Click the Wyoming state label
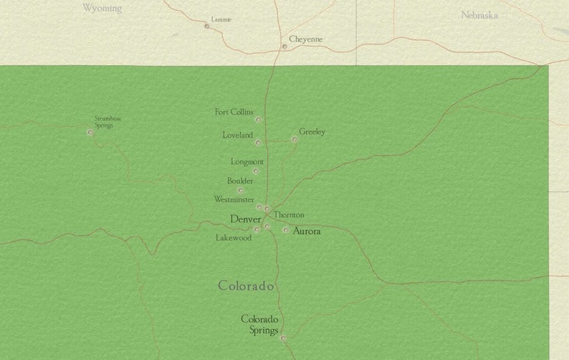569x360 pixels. click(x=102, y=8)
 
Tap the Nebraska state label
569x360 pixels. click(x=479, y=14)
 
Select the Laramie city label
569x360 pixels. click(x=221, y=19)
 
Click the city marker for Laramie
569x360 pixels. click(x=207, y=26)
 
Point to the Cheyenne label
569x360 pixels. click(x=306, y=39)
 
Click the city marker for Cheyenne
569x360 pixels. click(x=284, y=47)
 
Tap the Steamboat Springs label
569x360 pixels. click(x=107, y=121)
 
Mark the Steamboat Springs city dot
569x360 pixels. click(x=90, y=132)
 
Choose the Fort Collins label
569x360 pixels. click(x=234, y=112)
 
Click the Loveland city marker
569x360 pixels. click(x=258, y=143)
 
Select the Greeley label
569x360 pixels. click(x=312, y=132)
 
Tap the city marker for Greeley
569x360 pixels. click(x=295, y=139)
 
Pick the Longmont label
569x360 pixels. click(x=247, y=162)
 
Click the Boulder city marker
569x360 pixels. click(x=241, y=191)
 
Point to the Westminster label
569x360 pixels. click(x=233, y=199)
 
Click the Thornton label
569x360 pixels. click(x=289, y=214)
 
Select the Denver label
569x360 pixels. click(x=245, y=219)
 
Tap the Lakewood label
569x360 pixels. click(x=234, y=237)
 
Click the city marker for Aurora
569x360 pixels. click(x=286, y=230)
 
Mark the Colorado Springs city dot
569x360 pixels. click(x=282, y=338)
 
